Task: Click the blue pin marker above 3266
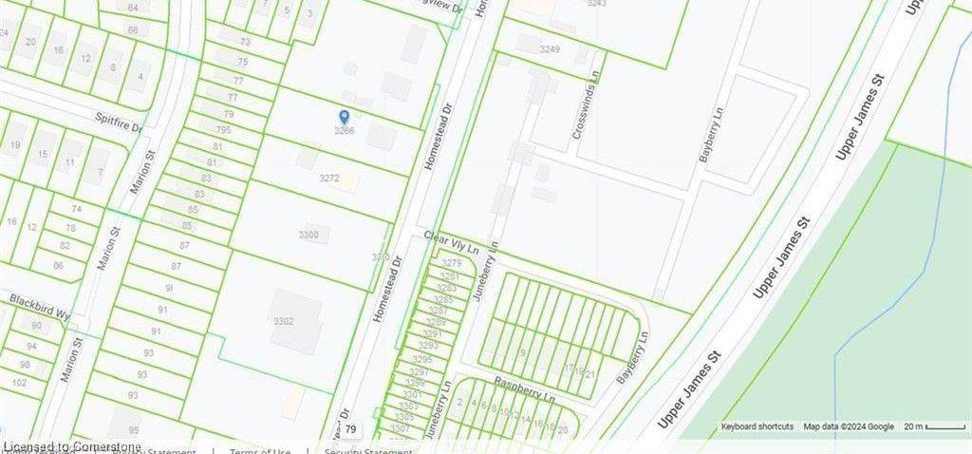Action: [344, 117]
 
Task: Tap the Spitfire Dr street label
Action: [118, 123]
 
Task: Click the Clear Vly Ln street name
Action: [451, 242]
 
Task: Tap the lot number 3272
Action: [329, 178]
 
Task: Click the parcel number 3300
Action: [308, 235]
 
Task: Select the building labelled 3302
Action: [283, 322]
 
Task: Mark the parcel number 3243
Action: [596, 4]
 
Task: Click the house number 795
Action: [223, 130]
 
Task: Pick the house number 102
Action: [19, 383]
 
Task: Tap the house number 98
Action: [25, 365]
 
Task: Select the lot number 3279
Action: [452, 263]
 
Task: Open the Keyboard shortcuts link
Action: [757, 427]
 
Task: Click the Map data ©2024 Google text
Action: [849, 427]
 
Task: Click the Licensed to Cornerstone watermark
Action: [72, 446]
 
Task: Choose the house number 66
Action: [132, 30]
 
